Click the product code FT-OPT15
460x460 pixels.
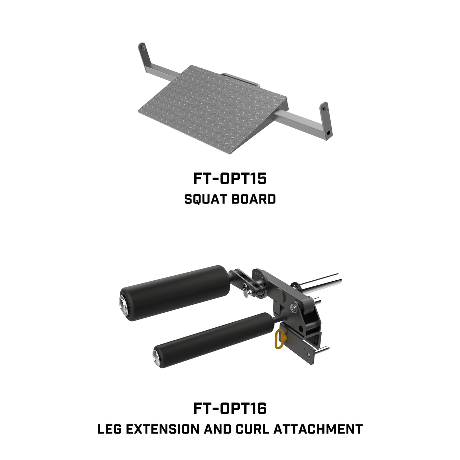point(230,179)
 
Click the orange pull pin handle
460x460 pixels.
point(280,339)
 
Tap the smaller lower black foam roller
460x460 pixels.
point(216,340)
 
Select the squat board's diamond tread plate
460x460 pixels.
point(212,109)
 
